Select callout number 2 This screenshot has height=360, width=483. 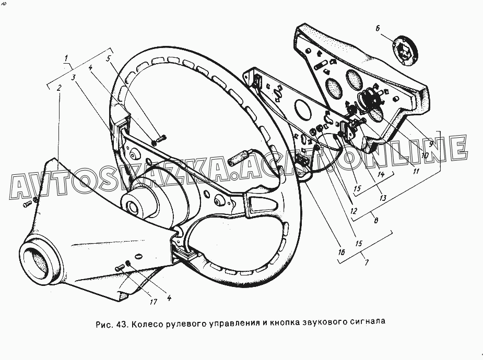(60, 88)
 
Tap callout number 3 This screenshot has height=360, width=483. (74, 77)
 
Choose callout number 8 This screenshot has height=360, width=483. (376, 220)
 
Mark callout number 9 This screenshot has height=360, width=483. (431, 142)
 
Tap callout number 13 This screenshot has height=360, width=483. (383, 198)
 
